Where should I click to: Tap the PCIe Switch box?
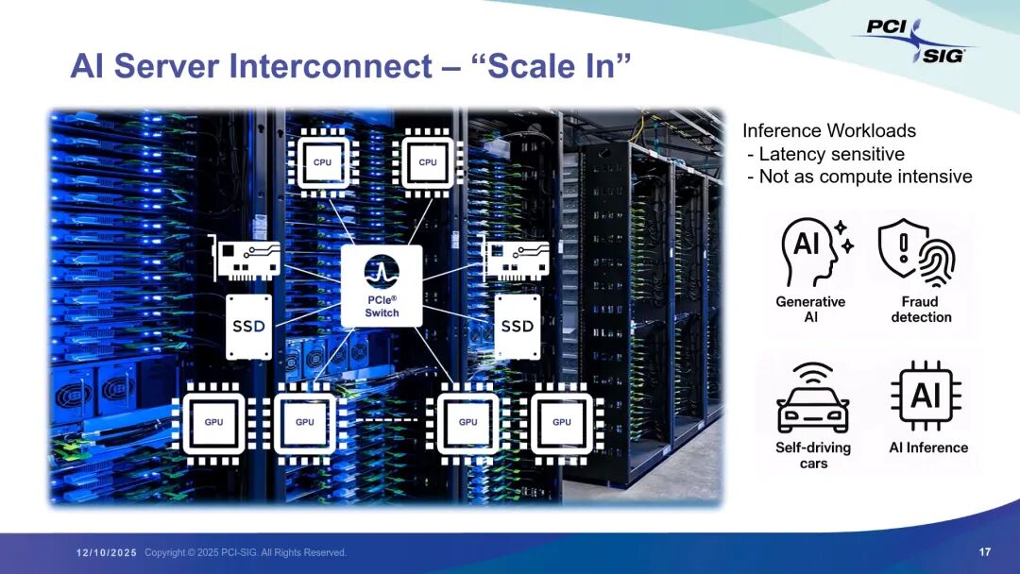pyautogui.click(x=382, y=286)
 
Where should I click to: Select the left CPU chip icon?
pyautogui.click(x=323, y=162)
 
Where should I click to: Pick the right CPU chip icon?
pyautogui.click(x=428, y=162)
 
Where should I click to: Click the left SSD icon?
pyautogui.click(x=248, y=326)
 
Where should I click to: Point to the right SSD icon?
pyautogui.click(x=517, y=326)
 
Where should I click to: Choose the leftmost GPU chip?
pyautogui.click(x=214, y=422)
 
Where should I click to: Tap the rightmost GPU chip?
pyautogui.click(x=562, y=422)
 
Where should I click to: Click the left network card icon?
pyautogui.click(x=246, y=258)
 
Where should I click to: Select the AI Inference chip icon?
pyautogui.click(x=926, y=396)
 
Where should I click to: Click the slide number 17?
pyautogui.click(x=985, y=551)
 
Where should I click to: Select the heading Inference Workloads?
pyautogui.click(x=829, y=131)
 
